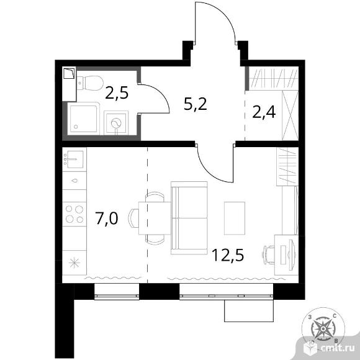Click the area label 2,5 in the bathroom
(x=117, y=92)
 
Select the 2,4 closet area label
(x=264, y=112)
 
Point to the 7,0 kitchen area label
(x=107, y=218)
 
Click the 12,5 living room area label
(x=228, y=255)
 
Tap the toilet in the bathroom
(x=90, y=83)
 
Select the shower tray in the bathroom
(x=84, y=119)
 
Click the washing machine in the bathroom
(x=116, y=124)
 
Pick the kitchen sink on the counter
(x=73, y=159)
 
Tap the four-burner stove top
(x=74, y=214)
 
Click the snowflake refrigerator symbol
(x=74, y=263)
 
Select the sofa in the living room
(x=189, y=218)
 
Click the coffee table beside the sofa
(x=235, y=218)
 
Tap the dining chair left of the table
(x=133, y=218)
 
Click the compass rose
(x=323, y=329)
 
